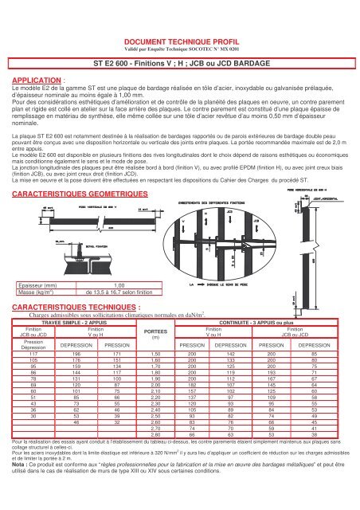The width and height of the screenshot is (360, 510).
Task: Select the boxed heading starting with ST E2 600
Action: (180, 61)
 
